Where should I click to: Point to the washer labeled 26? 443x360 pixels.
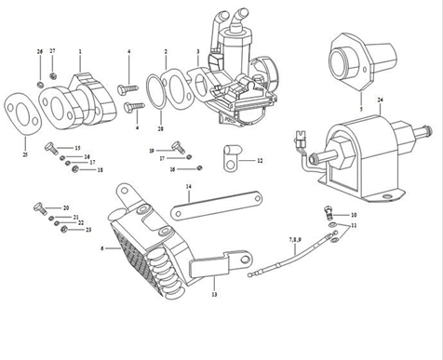coord(41,86)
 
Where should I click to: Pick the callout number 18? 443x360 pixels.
coord(101,169)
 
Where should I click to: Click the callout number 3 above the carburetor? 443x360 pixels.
coord(197,51)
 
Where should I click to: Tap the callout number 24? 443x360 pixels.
coord(380,99)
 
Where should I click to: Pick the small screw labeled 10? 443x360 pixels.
coord(329,210)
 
